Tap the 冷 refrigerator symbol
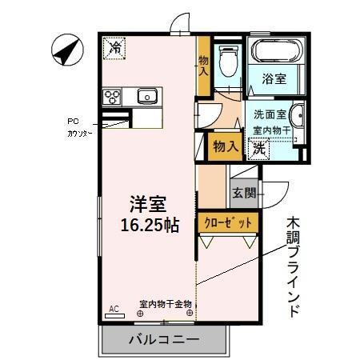[x=115, y=48]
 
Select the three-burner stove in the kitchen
[x=113, y=98]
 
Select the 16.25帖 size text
[x=149, y=225]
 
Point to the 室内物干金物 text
[x=165, y=304]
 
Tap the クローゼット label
[x=229, y=222]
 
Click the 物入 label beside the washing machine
[x=224, y=146]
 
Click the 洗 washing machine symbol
[x=259, y=147]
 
